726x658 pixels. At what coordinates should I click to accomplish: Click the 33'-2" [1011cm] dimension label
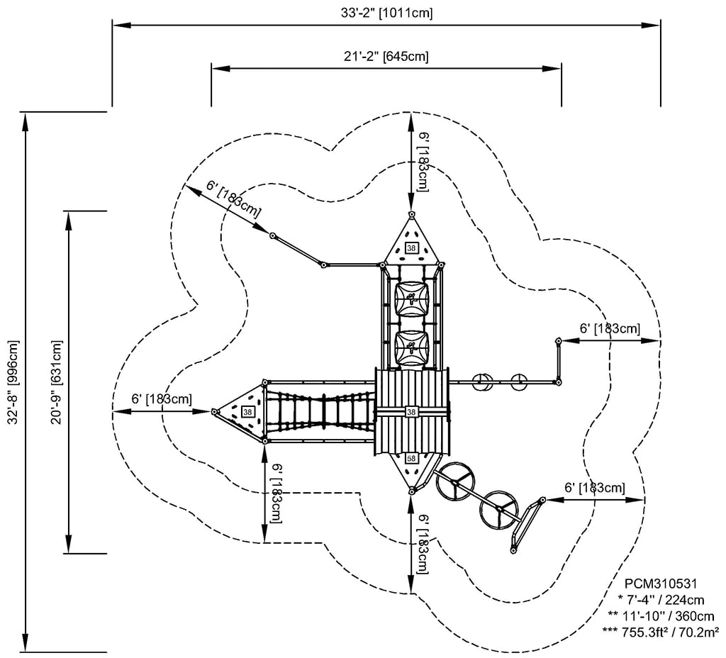tap(386, 11)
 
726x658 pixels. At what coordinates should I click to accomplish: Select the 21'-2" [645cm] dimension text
tap(386, 56)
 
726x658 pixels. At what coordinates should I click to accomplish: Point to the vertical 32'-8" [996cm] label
tap(13, 383)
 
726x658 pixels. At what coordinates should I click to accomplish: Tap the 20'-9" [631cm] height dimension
tap(57, 383)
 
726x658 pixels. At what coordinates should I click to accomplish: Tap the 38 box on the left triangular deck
tap(247, 411)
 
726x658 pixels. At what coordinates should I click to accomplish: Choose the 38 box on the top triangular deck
tap(411, 247)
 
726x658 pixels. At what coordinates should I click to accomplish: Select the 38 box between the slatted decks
tap(411, 411)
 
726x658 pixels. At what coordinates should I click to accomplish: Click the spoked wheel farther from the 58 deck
tap(500, 509)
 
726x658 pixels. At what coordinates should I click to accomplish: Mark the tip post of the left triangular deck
tap(213, 411)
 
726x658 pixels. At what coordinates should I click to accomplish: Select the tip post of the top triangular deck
tap(411, 213)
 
